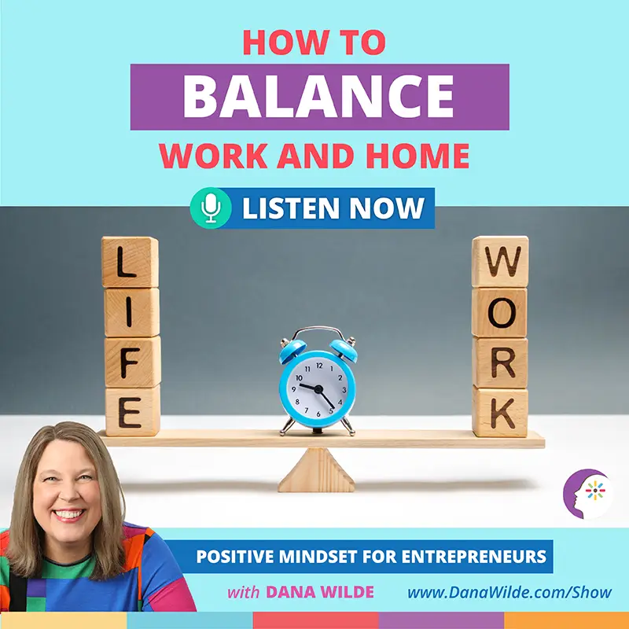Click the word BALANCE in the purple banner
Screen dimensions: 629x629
click(x=318, y=96)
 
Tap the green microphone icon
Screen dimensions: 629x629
click(x=211, y=208)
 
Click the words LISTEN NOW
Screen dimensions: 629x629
click(x=333, y=208)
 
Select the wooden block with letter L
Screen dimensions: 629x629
click(x=130, y=263)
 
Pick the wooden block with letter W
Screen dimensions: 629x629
click(x=500, y=262)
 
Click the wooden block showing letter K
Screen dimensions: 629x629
click(x=500, y=411)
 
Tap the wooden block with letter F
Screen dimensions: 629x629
click(x=132, y=362)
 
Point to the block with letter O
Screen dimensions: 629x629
click(x=499, y=312)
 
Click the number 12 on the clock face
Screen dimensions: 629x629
click(x=319, y=366)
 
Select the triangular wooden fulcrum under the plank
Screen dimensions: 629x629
click(x=317, y=470)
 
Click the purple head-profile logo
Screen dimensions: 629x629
click(x=588, y=494)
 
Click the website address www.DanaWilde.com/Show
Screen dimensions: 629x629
click(x=509, y=593)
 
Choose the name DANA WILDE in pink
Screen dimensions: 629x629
click(x=320, y=592)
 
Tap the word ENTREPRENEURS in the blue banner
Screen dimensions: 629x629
click(x=474, y=557)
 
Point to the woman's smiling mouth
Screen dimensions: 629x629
click(x=69, y=514)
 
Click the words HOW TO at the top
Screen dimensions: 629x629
click(x=314, y=42)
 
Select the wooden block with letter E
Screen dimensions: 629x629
click(x=132, y=411)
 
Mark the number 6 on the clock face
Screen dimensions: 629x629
click(x=318, y=414)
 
